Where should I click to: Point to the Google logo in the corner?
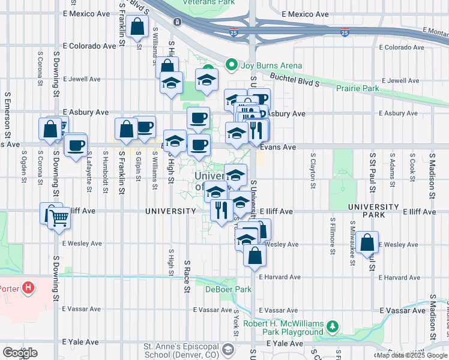(x=20, y=353)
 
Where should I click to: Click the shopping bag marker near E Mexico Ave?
(x=138, y=27)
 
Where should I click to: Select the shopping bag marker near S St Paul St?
(x=367, y=242)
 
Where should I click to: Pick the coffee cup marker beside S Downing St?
(x=76, y=146)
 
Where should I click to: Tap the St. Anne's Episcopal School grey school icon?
(x=228, y=349)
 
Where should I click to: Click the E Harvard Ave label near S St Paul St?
(x=400, y=277)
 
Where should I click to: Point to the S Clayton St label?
(x=313, y=169)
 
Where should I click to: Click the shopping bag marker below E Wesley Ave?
(x=255, y=256)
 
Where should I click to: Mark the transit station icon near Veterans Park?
(x=178, y=22)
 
